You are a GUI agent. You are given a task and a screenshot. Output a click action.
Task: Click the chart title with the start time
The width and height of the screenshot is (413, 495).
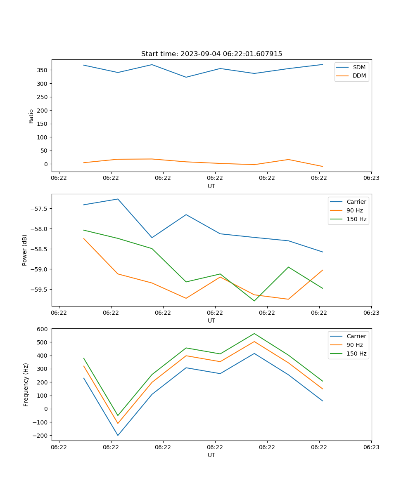pos(211,54)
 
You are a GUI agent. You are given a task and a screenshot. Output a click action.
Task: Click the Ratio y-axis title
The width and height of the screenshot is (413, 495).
pos(31,116)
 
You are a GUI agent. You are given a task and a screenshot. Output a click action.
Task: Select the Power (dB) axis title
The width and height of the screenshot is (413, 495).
pos(25,250)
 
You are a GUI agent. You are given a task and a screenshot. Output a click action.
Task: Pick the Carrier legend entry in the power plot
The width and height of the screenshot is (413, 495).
pos(356,202)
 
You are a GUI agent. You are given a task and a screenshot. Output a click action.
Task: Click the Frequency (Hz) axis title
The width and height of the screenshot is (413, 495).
pos(26,384)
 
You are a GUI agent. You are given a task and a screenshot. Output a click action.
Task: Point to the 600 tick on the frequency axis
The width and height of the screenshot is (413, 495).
pos(43,329)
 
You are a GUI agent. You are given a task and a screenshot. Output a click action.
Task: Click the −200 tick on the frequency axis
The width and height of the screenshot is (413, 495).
pos(40,436)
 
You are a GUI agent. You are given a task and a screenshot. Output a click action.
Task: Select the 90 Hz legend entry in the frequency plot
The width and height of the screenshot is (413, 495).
pos(354,345)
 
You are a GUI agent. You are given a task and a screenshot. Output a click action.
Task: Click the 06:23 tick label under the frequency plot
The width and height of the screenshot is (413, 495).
pos(371,447)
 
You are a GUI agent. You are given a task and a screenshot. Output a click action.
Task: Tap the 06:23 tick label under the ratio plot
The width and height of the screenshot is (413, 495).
pos(371,178)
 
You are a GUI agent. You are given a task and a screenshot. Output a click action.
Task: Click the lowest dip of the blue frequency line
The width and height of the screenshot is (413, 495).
pos(118,435)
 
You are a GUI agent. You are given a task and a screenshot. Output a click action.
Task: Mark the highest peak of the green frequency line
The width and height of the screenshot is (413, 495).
pos(254,333)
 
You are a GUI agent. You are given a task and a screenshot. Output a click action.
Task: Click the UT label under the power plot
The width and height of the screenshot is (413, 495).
pos(211,321)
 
